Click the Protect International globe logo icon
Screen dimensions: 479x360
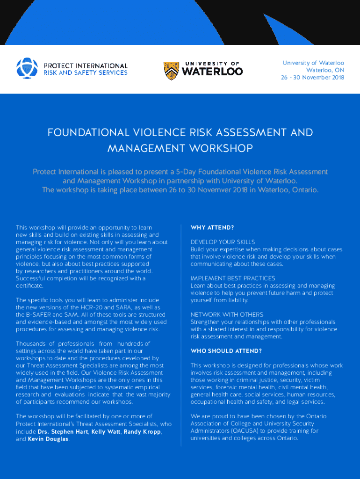[27, 68]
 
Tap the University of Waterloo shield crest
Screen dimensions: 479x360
[171, 70]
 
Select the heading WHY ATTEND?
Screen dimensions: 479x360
[212, 228]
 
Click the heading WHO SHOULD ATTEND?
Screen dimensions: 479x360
[226, 351]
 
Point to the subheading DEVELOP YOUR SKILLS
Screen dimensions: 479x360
[223, 242]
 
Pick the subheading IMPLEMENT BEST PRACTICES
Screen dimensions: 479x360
[233, 278]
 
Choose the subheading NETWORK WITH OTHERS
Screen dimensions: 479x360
[227, 315]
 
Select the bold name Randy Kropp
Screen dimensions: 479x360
[143, 432]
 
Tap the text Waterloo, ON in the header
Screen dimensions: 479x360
[325, 70]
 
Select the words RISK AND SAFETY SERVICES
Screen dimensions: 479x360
[85, 73]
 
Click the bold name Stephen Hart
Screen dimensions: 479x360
[70, 432]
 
